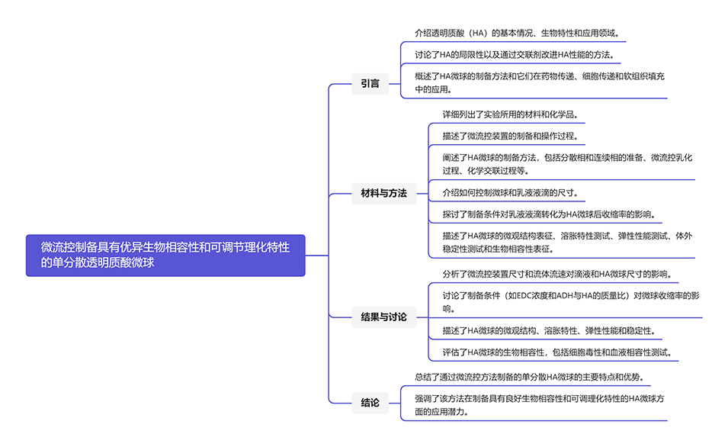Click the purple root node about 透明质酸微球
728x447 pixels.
(x=165, y=255)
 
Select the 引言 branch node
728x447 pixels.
(x=370, y=83)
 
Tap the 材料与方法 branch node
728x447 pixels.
(x=383, y=193)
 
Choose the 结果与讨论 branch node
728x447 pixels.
(x=383, y=317)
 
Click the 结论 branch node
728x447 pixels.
(x=370, y=403)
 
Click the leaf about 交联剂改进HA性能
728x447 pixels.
(x=514, y=55)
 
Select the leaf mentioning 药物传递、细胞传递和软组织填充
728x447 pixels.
(x=540, y=82)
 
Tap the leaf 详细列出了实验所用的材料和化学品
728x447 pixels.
(x=509, y=114)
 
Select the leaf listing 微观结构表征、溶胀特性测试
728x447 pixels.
(x=567, y=242)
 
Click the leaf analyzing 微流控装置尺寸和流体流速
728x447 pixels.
(x=556, y=274)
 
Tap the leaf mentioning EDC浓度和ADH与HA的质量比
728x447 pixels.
(x=570, y=301)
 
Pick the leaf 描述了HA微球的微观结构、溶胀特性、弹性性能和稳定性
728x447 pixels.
(x=548, y=330)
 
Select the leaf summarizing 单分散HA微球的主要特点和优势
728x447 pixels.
(x=528, y=377)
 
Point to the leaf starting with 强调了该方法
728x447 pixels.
(x=540, y=404)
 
